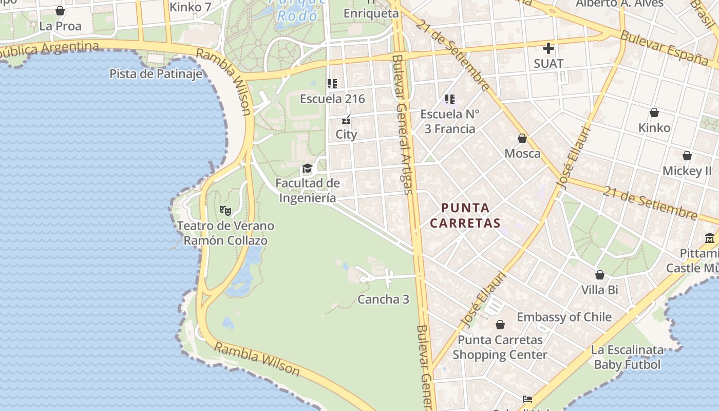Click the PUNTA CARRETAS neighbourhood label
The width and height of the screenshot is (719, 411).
click(x=465, y=215)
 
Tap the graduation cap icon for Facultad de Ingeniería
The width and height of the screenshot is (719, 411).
click(x=307, y=169)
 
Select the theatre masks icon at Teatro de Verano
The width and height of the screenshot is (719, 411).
click(x=225, y=210)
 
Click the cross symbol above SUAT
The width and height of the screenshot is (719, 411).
click(x=548, y=48)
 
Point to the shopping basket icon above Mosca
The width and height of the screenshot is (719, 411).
click(x=522, y=138)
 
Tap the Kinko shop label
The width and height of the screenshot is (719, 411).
click(x=654, y=127)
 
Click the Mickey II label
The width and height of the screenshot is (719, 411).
click(x=687, y=171)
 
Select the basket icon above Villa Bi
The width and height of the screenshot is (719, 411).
click(x=599, y=275)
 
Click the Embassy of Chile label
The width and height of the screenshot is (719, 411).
click(x=564, y=316)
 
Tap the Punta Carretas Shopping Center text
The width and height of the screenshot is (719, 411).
click(x=500, y=347)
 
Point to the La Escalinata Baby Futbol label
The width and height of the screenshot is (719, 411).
click(x=627, y=357)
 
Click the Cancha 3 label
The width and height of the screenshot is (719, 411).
click(x=383, y=299)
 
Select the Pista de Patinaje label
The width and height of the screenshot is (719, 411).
click(x=156, y=73)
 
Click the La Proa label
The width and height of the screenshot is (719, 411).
click(x=60, y=26)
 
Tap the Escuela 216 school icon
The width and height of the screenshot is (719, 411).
click(x=332, y=83)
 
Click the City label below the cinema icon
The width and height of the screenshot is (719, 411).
click(x=346, y=135)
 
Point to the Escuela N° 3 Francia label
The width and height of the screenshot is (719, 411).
click(x=449, y=121)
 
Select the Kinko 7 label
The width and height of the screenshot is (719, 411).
click(x=190, y=7)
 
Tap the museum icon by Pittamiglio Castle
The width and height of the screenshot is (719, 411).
click(x=709, y=238)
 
